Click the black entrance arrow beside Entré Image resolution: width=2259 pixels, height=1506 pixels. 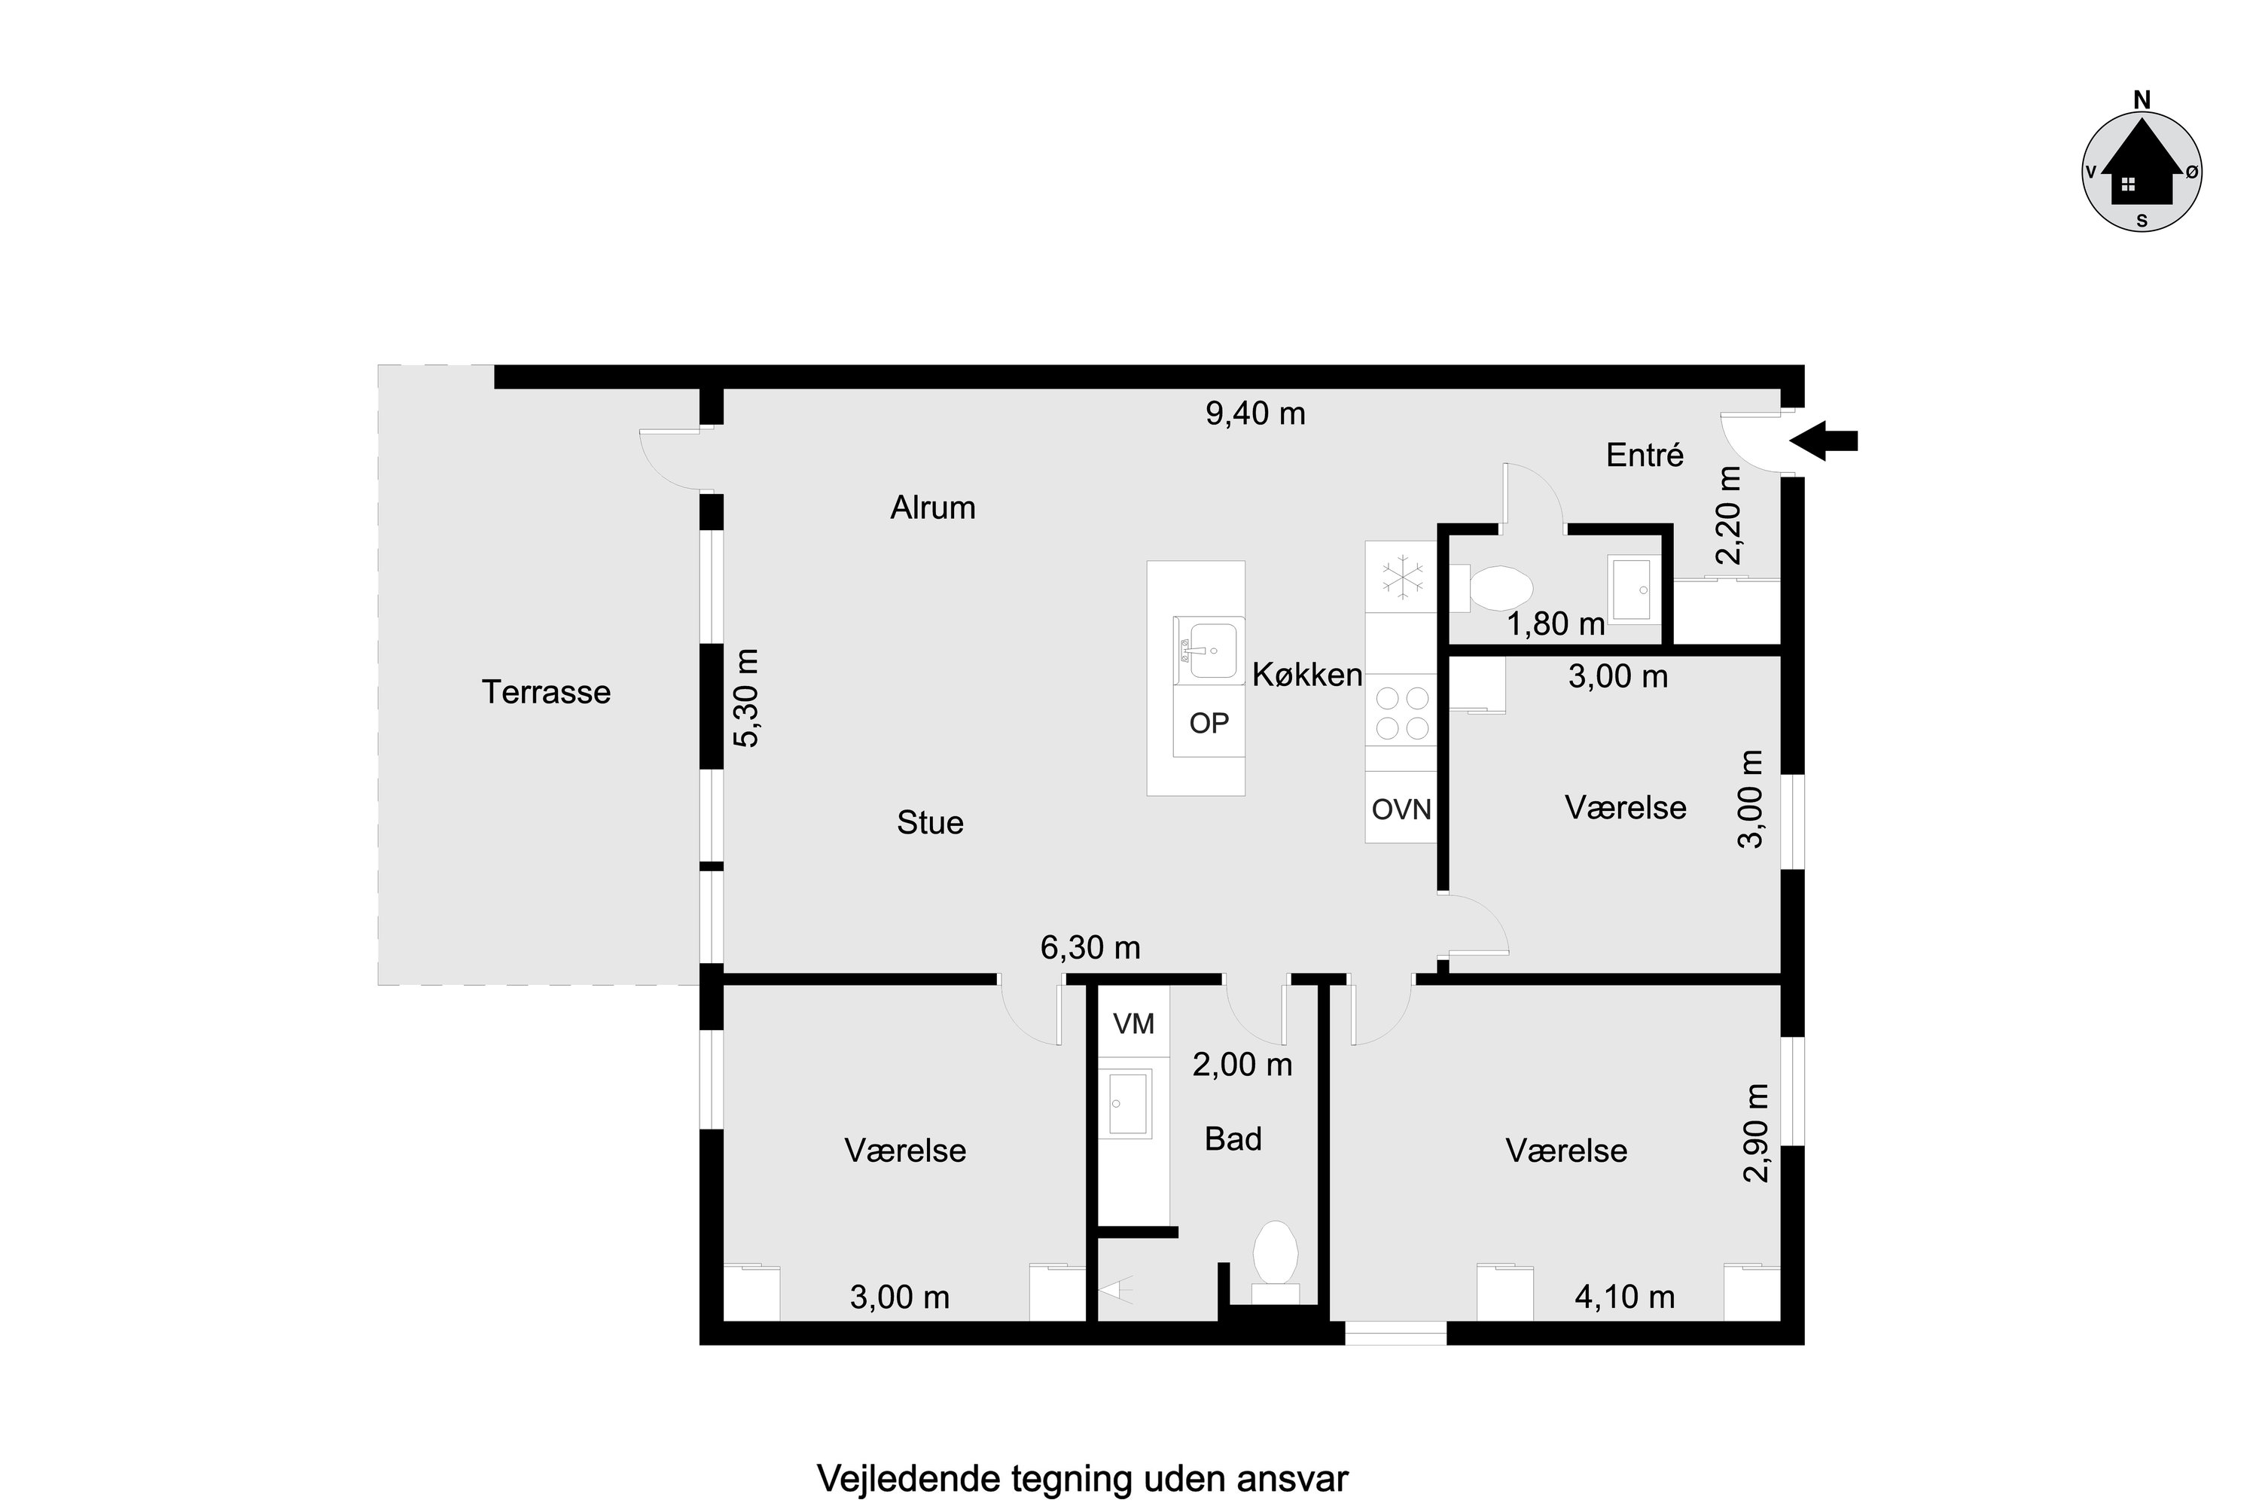click(1822, 441)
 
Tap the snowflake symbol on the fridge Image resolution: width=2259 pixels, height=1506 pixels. click(1402, 578)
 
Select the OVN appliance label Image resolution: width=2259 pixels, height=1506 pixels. click(1401, 809)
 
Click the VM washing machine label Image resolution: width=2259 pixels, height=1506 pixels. click(1133, 1024)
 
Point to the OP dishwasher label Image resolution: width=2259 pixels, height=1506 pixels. click(1209, 723)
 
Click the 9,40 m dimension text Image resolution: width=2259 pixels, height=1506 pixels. click(1255, 414)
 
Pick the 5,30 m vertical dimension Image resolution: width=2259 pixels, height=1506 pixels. click(746, 698)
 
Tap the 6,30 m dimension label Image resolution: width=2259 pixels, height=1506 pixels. click(1090, 948)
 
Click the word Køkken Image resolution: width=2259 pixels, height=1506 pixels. click(1307, 675)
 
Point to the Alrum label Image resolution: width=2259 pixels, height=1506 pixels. click(933, 507)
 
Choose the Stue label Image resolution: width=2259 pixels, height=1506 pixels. click(930, 823)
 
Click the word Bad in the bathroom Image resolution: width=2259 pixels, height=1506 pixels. click(1233, 1139)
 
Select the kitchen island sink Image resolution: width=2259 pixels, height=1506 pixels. click(1209, 649)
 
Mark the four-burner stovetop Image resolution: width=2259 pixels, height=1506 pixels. click(1402, 712)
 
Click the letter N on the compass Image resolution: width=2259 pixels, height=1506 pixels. click(2142, 100)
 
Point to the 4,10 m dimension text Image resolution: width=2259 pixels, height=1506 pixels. click(1624, 1297)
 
